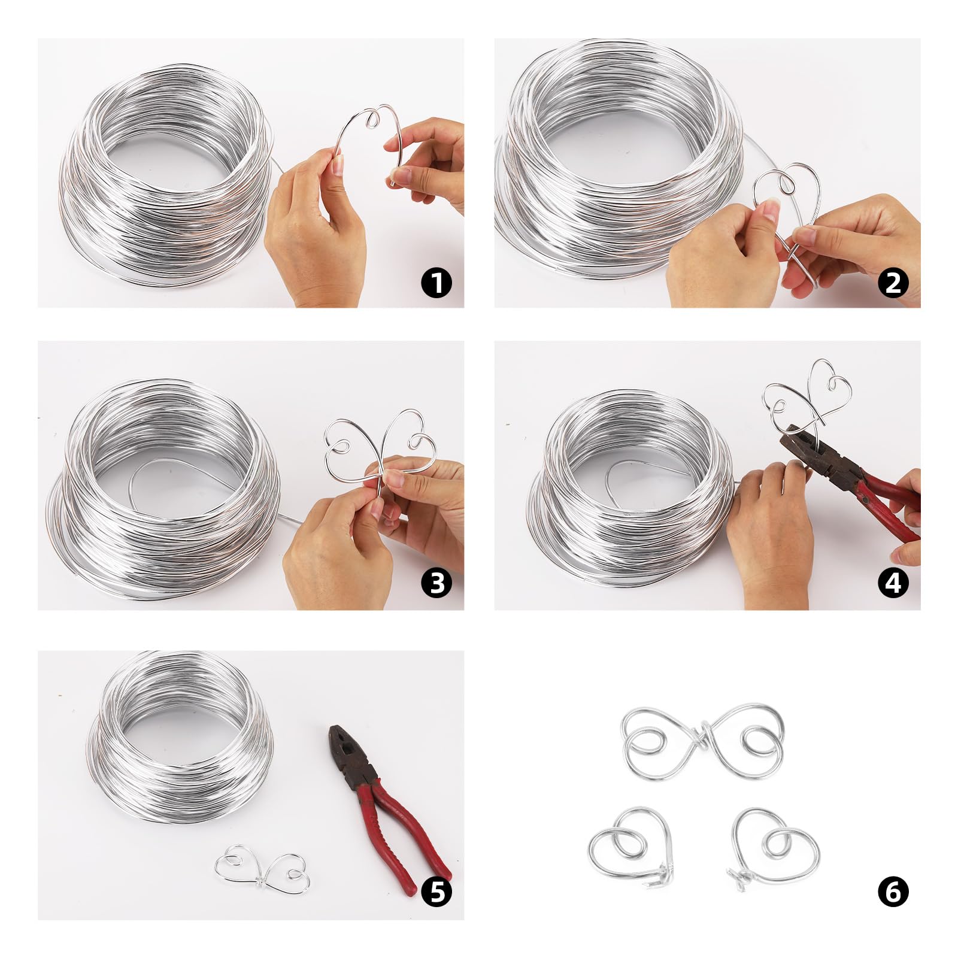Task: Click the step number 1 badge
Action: point(436,282)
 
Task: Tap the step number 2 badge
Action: point(893,282)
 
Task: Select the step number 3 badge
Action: point(436,583)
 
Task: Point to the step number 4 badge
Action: point(893,583)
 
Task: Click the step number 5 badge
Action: point(436,892)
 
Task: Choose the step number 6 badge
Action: point(893,892)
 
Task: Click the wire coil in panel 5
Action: point(180,736)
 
